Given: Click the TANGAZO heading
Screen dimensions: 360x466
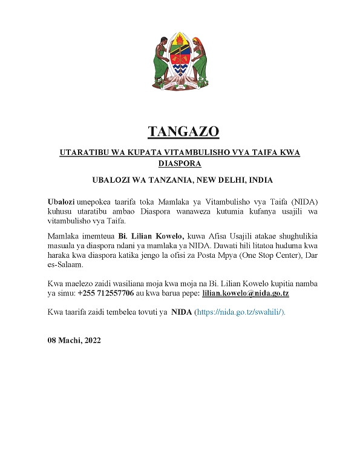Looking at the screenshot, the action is point(180,131).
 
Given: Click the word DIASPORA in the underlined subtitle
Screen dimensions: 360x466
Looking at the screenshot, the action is point(180,163).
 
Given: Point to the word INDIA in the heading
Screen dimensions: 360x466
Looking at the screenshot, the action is point(260,180).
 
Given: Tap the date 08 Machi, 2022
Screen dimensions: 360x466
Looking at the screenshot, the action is point(75,340).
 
